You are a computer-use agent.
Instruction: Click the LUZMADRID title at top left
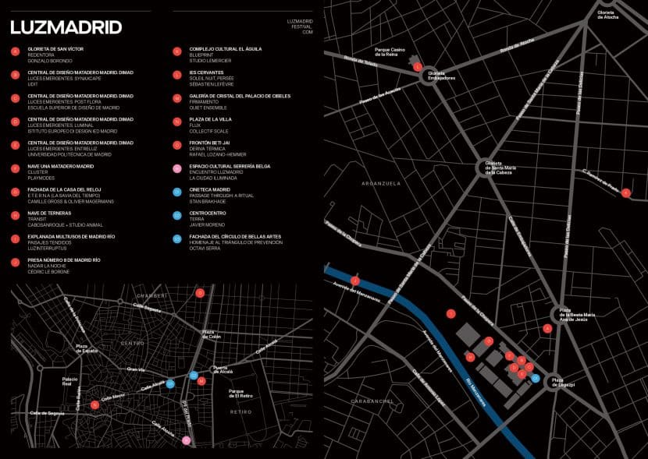(66, 27)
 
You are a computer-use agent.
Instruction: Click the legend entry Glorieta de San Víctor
(50, 48)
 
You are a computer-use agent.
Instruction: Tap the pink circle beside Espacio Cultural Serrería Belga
(177, 168)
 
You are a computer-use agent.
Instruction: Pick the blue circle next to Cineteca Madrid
(177, 192)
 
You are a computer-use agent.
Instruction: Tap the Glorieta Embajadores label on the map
(442, 76)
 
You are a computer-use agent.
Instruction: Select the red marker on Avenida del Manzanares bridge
(354, 280)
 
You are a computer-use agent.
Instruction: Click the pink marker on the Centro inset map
(186, 440)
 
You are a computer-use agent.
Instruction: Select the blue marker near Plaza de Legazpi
(535, 377)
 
